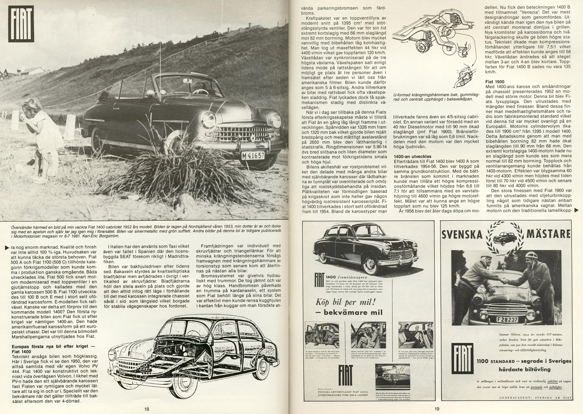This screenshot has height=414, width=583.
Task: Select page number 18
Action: coord(147,409)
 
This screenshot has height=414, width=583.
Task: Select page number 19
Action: coord(437,409)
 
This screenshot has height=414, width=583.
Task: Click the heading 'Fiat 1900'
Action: coord(495,82)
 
